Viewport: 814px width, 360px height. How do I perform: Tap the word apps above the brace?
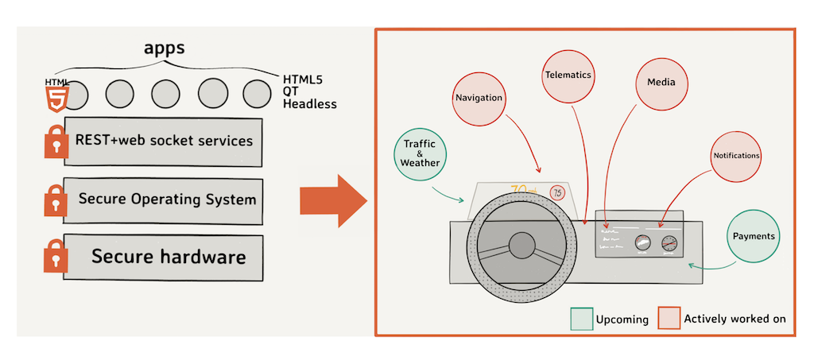164,48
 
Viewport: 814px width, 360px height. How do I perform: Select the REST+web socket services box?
163,141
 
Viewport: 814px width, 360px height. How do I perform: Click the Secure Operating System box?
163,199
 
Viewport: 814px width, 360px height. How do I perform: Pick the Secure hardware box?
163,257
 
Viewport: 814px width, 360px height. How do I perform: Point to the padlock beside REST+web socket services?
55,143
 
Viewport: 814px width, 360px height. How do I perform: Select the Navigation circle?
479,98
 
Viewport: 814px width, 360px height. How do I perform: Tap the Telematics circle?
568,75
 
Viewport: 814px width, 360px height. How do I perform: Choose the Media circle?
661,82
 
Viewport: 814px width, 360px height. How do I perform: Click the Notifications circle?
736,156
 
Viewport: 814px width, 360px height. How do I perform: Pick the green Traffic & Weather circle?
420,153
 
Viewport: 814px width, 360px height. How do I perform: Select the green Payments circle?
754,236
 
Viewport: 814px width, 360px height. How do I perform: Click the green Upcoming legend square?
581,319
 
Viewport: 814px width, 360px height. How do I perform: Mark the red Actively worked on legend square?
668,319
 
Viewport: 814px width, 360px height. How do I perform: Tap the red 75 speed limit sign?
557,192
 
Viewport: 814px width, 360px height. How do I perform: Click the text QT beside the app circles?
290,91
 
